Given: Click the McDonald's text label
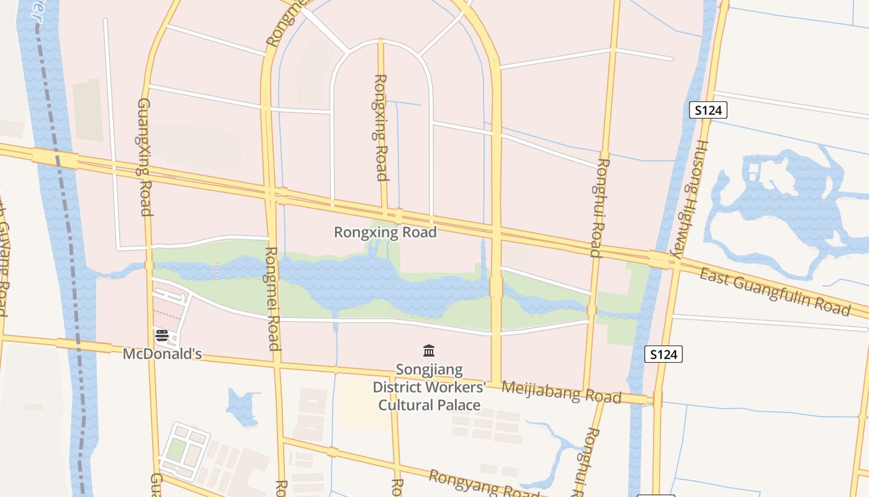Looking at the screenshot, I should [x=162, y=354].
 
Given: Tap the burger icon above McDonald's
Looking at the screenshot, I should [x=162, y=336].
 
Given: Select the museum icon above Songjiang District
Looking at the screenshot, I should [x=428, y=351].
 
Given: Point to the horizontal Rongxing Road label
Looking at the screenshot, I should [x=385, y=232].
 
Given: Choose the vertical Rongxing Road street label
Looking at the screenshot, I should [x=381, y=127].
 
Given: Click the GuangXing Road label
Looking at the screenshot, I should [x=144, y=157].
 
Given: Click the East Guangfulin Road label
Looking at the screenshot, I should [x=775, y=292].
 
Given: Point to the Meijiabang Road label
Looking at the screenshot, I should [x=561, y=392].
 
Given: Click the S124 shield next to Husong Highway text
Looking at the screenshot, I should [x=708, y=111].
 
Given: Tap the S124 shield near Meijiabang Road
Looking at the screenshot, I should [x=664, y=354].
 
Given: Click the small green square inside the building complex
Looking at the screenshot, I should [x=175, y=450].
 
